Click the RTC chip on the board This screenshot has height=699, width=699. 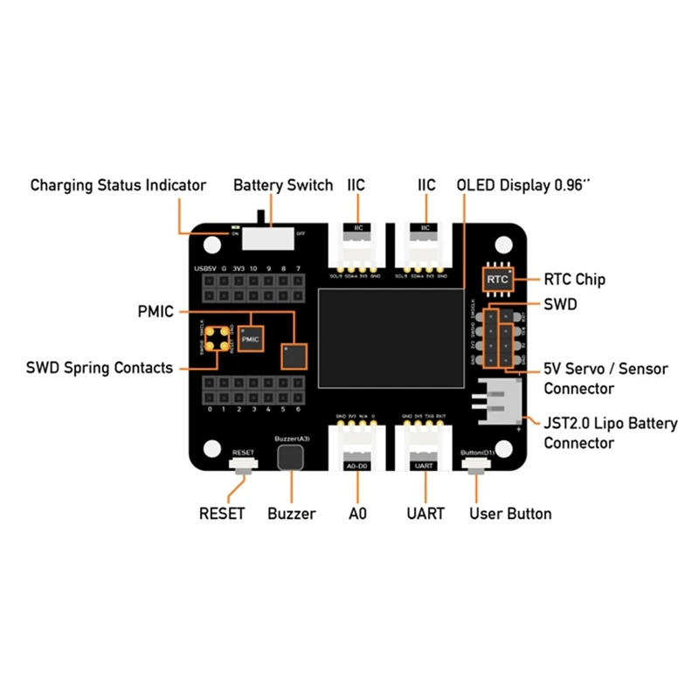pos(497,280)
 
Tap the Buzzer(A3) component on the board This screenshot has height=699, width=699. pos(289,456)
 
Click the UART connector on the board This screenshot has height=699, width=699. pos(426,450)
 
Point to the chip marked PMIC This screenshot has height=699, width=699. pos(251,338)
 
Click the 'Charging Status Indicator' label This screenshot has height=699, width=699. pos(118,185)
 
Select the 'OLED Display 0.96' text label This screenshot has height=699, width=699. pos(523,185)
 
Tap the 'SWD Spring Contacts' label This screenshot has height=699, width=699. pos(100,368)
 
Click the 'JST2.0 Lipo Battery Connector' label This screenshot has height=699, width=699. pos(610,433)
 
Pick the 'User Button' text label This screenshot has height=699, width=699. pos(510,514)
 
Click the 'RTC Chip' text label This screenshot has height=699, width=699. pos(574,280)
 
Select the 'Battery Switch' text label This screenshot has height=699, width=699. pos(283,185)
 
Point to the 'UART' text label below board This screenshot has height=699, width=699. pos(426,514)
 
